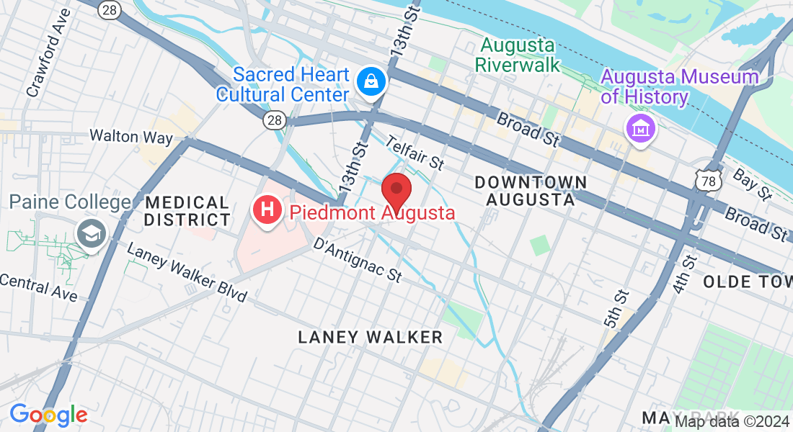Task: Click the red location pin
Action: (396, 190)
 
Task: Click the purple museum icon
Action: (639, 129)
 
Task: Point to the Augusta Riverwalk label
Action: (518, 55)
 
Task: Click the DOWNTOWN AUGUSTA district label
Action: (531, 191)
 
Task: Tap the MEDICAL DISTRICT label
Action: (187, 211)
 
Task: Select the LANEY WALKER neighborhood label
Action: (370, 337)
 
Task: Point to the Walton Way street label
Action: (131, 136)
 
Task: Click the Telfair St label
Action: (415, 153)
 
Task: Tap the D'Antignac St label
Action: (357, 260)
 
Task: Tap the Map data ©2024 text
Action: (732, 421)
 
